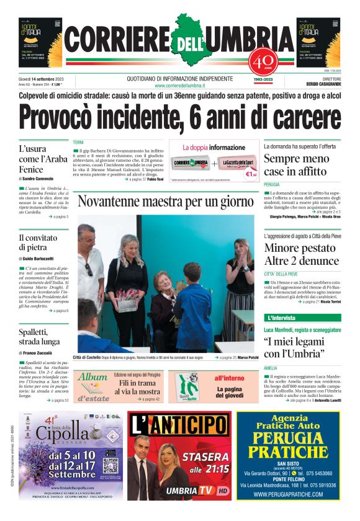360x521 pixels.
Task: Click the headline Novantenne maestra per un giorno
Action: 166,202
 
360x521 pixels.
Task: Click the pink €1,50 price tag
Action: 251,174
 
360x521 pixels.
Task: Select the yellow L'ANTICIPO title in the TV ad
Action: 179,425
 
